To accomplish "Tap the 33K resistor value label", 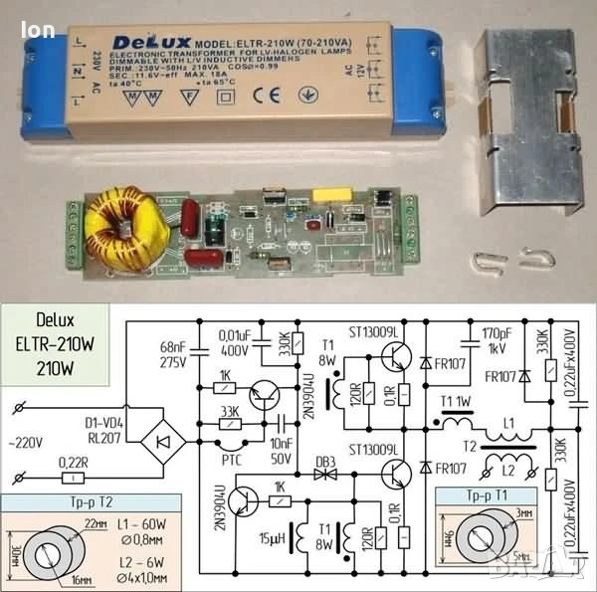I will [228, 412].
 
